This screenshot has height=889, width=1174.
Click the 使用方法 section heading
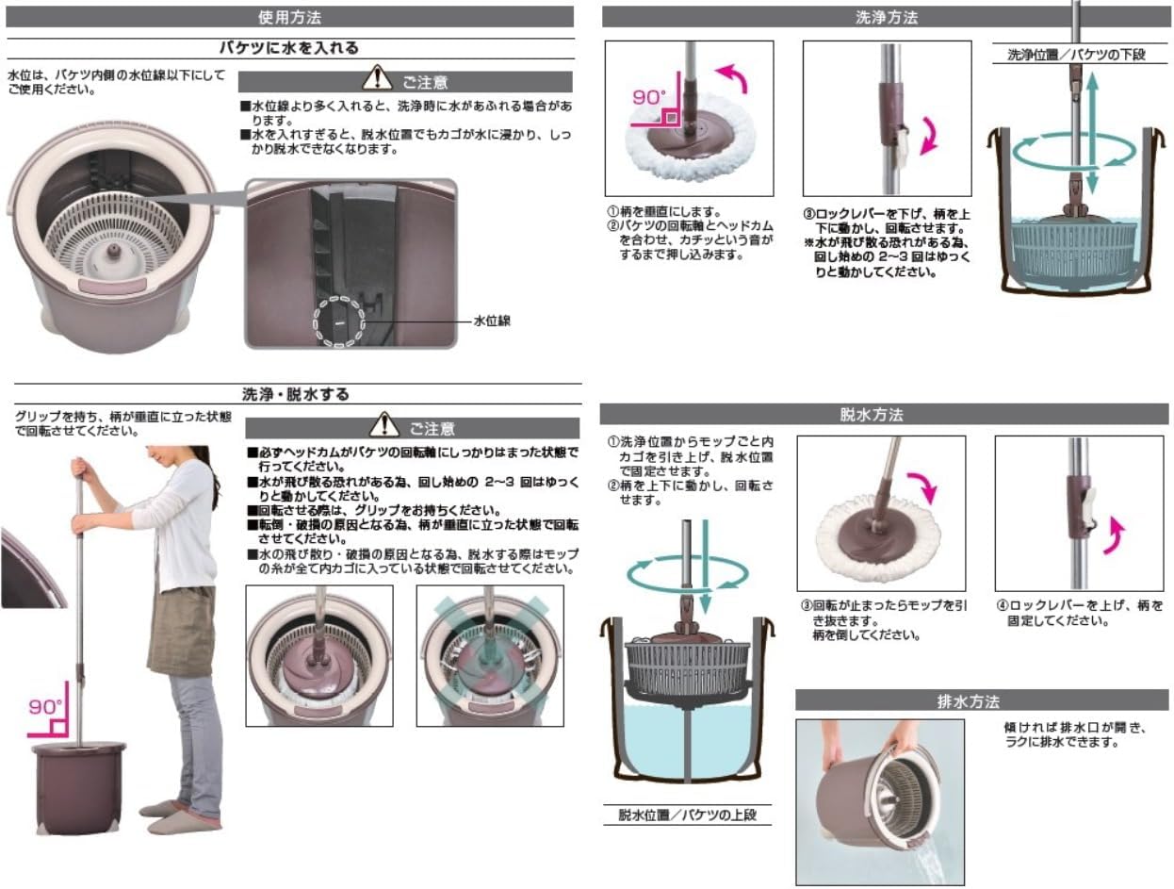pyautogui.click(x=290, y=17)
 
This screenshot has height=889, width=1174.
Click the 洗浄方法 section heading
pyautogui.click(x=886, y=17)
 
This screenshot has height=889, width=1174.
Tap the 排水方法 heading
pyautogui.click(x=981, y=700)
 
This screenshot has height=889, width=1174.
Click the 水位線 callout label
pyautogui.click(x=492, y=321)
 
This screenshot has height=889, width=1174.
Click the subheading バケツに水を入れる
pyautogui.click(x=289, y=48)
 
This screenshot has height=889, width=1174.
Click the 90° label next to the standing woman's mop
pyautogui.click(x=45, y=706)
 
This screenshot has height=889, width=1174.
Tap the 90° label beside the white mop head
pyautogui.click(x=649, y=98)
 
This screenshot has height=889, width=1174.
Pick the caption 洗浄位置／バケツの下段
pyautogui.click(x=1076, y=55)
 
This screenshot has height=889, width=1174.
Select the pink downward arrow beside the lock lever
pyautogui.click(x=928, y=132)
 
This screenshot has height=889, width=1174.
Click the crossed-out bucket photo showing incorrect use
pyautogui.click(x=489, y=655)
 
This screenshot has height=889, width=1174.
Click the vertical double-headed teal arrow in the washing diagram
pyautogui.click(x=1092, y=132)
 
